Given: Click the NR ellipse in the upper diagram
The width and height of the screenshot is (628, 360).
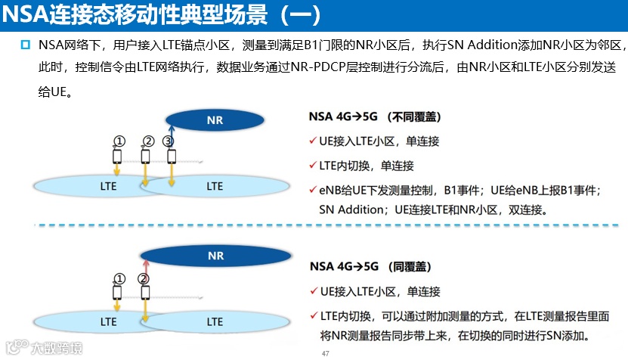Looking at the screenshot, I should coord(215,119).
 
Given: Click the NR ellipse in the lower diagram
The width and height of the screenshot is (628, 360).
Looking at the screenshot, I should coord(215,256).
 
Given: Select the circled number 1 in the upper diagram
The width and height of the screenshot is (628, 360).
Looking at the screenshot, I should coord(118,141).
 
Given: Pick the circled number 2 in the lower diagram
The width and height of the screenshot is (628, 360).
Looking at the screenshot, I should coord(144,278).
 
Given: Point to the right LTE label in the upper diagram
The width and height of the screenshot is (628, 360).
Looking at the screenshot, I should coord(215,186).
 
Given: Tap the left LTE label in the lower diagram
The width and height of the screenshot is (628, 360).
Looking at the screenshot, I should coord(108,321).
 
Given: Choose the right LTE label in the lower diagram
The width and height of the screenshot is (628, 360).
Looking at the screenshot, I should coord(215,321).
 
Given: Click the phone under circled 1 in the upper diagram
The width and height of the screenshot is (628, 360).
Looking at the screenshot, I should coord(117,157).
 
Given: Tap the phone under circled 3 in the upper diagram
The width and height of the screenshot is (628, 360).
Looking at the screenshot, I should coord(172,157).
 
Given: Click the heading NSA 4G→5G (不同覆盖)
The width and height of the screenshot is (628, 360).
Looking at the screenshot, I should coord(375,117).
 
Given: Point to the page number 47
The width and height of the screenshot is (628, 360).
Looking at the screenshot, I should coord(326,354).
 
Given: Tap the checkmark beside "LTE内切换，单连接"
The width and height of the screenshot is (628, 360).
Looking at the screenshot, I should coord(313,166).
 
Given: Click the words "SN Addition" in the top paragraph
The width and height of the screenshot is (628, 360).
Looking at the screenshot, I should coord(490,47).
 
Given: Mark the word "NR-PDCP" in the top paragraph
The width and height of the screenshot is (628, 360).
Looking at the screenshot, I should coord(310,68).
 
